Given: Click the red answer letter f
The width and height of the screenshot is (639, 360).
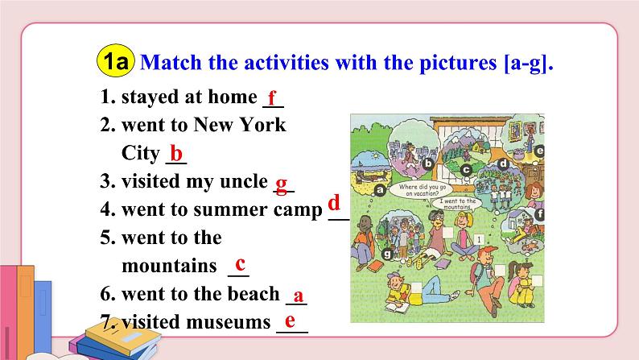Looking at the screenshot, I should click(273, 99).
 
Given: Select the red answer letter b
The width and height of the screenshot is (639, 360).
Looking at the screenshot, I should click(176, 154).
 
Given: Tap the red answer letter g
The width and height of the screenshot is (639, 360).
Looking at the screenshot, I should click(281, 183).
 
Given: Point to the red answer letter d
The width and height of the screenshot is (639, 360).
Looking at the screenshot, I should click(333, 202).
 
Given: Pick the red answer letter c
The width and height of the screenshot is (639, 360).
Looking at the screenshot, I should click(240, 263).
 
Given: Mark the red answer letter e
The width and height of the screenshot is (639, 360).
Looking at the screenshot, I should click(290, 321).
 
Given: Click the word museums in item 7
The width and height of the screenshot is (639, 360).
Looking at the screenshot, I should click(224, 323).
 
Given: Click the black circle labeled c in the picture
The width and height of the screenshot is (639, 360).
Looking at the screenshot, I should click(466, 169).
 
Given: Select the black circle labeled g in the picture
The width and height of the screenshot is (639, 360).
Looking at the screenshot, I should click(389, 254).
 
